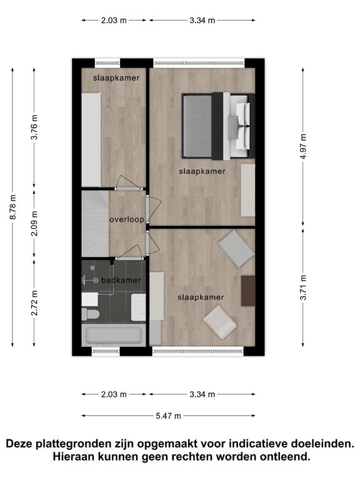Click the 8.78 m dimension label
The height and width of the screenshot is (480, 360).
tap(13, 207)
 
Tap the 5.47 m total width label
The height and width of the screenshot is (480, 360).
tap(168, 416)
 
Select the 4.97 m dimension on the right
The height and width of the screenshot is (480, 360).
tap(303, 146)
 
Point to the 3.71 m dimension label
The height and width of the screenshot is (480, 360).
tap(303, 287)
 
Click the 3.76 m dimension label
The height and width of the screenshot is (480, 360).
tap(34, 127)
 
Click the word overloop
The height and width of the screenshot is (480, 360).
tap(127, 219)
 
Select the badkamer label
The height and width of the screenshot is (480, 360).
tap(121, 280)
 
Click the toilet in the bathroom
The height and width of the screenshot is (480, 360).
tap(91, 314)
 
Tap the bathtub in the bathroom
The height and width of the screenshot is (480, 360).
tap(114, 335)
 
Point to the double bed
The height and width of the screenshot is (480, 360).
tap(218, 126)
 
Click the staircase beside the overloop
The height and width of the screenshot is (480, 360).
tap(95, 224)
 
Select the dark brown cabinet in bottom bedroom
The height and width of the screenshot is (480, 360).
tap(248, 291)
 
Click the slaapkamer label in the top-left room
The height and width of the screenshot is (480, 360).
tap(116, 77)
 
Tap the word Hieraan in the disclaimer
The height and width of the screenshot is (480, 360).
tap(74, 457)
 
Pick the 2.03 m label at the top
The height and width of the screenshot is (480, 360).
tap(114, 21)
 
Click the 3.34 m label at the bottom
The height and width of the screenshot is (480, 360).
tap(202, 394)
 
